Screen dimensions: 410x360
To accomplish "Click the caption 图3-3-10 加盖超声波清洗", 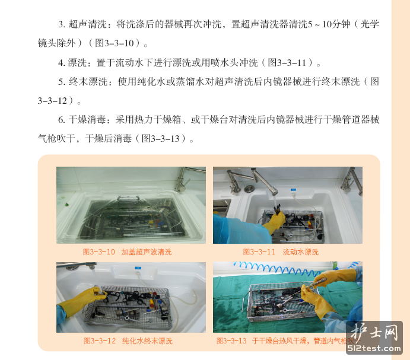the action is pos(127,252).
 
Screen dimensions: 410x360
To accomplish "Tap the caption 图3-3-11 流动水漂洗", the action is pos(281,252).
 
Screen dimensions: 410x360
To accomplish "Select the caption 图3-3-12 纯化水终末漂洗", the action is pos(128,340).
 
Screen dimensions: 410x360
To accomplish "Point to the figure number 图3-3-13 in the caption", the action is pos(231,340).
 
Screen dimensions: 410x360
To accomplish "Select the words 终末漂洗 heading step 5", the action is pos(88,82).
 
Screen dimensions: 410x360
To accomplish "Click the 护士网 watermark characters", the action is pos(374,332).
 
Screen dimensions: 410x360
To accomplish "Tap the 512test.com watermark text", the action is pos(374,348).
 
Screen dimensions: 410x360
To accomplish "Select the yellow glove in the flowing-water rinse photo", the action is pos(275,222).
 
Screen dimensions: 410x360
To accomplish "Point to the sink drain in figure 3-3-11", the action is pos(249,188).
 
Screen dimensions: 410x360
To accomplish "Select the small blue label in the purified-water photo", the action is pos(138,267).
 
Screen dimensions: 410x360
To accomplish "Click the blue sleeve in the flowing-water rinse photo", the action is pos(240,230).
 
